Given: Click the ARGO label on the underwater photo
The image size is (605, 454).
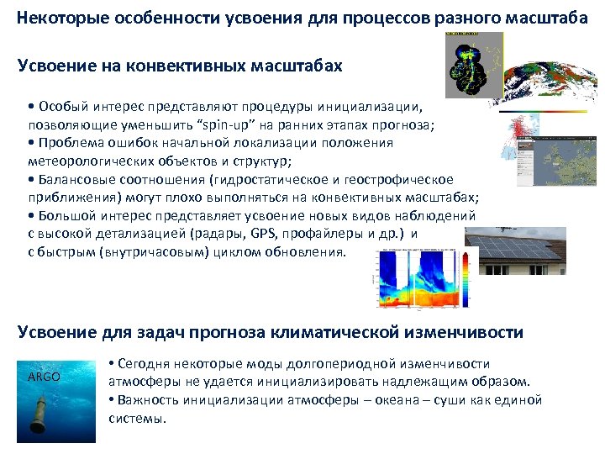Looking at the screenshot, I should pyautogui.click(x=44, y=377).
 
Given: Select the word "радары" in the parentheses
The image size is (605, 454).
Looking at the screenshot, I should pyautogui.click(x=217, y=236).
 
